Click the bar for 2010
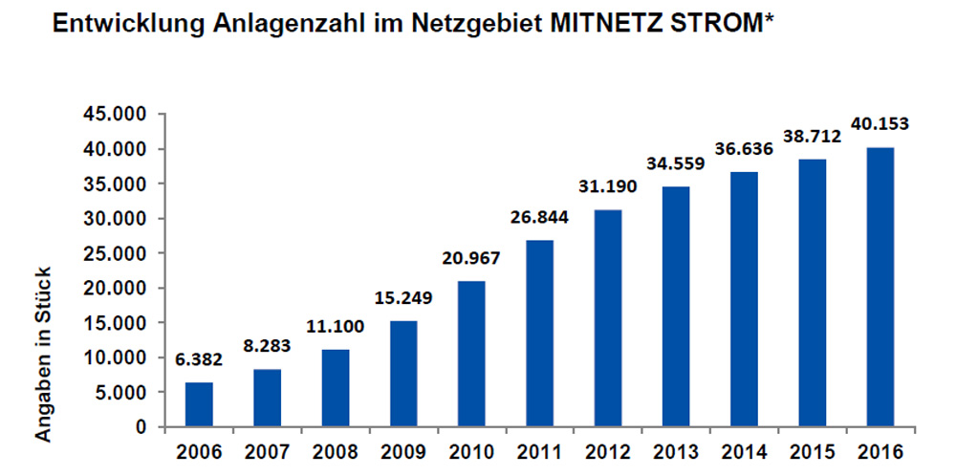pyautogui.click(x=471, y=354)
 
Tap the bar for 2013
pyautogui.click(x=675, y=306)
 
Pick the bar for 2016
pyautogui.click(x=880, y=287)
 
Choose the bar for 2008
pyautogui.click(x=336, y=388)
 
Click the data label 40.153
pyautogui.click(x=880, y=123)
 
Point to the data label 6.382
pyautogui.click(x=200, y=359)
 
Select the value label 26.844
pyautogui.click(x=539, y=217)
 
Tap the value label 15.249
pyautogui.click(x=402, y=297)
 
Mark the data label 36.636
pyautogui.click(x=743, y=148)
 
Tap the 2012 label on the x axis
pyautogui.click(x=607, y=449)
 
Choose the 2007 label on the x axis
pyautogui.click(x=267, y=449)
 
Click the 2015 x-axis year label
pyautogui.click(x=811, y=449)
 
